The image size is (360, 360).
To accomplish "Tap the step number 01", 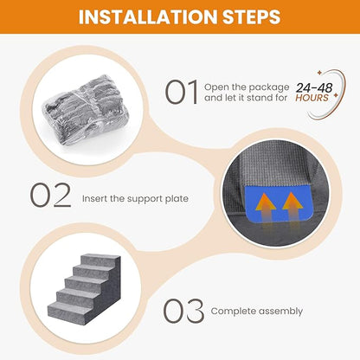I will (182, 92).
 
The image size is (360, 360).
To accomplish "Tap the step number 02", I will (50, 196).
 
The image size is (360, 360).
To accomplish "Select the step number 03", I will (184, 310).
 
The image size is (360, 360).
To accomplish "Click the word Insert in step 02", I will (94, 197).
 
